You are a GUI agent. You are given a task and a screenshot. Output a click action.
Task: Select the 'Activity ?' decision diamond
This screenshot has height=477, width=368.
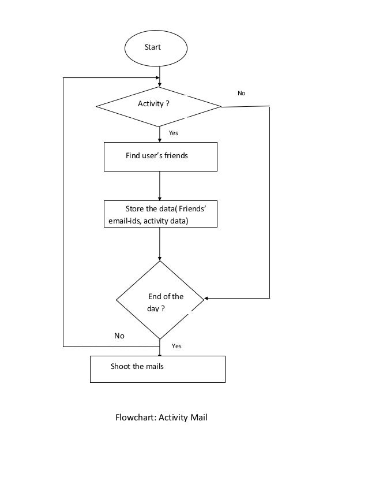point(159,106)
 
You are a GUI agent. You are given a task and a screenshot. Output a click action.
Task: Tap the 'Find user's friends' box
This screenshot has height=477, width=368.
point(160,156)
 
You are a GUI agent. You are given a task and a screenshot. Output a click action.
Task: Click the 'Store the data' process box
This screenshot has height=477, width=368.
point(160,214)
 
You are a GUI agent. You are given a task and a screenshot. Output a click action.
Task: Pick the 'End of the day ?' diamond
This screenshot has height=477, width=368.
point(160,300)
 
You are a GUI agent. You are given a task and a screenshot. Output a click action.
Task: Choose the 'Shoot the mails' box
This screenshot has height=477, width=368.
point(157,368)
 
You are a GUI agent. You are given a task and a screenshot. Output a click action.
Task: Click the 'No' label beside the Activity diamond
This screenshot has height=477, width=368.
point(241,93)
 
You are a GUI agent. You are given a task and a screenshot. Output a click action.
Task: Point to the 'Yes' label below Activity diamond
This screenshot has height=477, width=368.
point(173,133)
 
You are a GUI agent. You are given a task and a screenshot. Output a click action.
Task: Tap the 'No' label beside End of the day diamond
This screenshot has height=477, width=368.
point(119,336)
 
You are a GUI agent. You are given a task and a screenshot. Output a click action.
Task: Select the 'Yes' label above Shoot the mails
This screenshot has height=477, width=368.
point(177,346)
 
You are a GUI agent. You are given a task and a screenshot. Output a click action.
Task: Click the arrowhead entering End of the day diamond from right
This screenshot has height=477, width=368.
point(206,299)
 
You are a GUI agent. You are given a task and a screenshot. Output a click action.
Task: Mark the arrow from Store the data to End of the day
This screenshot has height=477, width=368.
point(160,244)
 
